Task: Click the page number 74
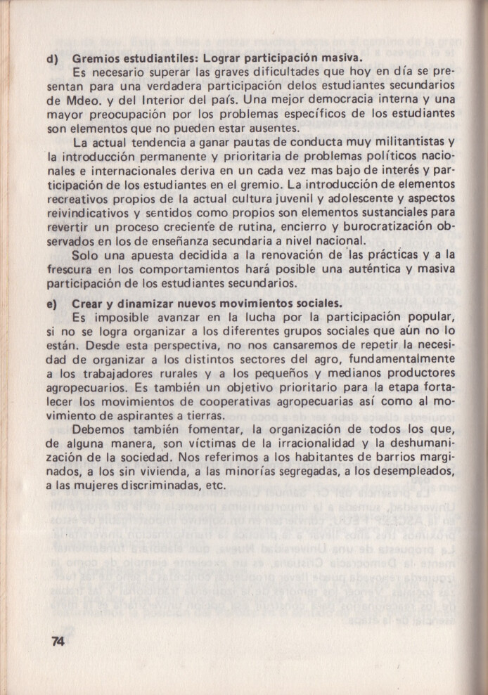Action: [58, 641]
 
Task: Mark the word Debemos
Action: [99, 430]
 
